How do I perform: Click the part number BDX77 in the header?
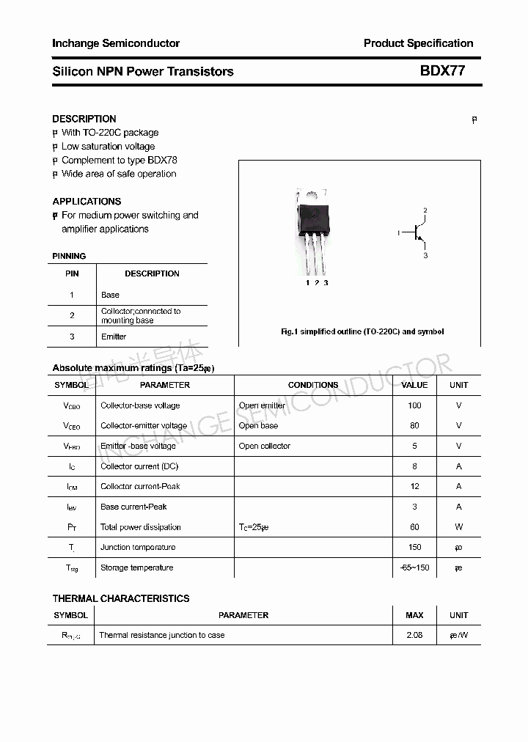pos(442,71)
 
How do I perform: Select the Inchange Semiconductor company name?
pos(116,43)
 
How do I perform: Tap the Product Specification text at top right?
pos(418,43)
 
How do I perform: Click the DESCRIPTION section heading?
pos(84,119)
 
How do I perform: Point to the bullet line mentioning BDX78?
pos(119,160)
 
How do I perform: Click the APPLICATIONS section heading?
pos(87,201)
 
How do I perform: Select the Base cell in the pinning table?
pos(110,295)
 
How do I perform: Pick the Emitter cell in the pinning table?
pos(114,337)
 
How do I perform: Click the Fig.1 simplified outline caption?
pos(362,331)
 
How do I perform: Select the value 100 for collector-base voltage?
pos(414,405)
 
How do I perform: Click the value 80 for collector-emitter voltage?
pos(414,425)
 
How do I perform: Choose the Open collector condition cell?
pos(265,446)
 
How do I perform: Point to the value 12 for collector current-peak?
pos(414,486)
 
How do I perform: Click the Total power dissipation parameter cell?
pos(141,527)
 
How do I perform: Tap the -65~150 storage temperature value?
pos(414,567)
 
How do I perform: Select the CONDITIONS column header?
pos(313,385)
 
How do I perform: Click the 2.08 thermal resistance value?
pos(414,635)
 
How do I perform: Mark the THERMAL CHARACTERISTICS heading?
pos(121,598)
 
